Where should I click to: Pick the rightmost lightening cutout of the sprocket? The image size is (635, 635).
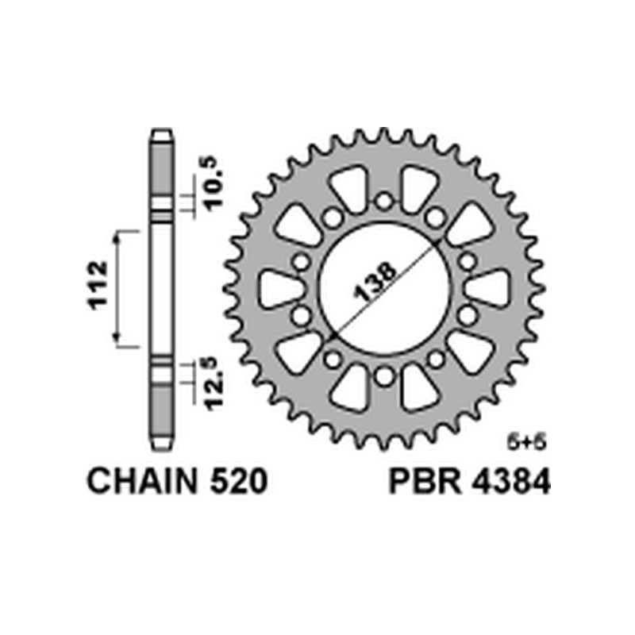click(x=486, y=288)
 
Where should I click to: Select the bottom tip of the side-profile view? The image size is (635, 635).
click(x=162, y=444)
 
